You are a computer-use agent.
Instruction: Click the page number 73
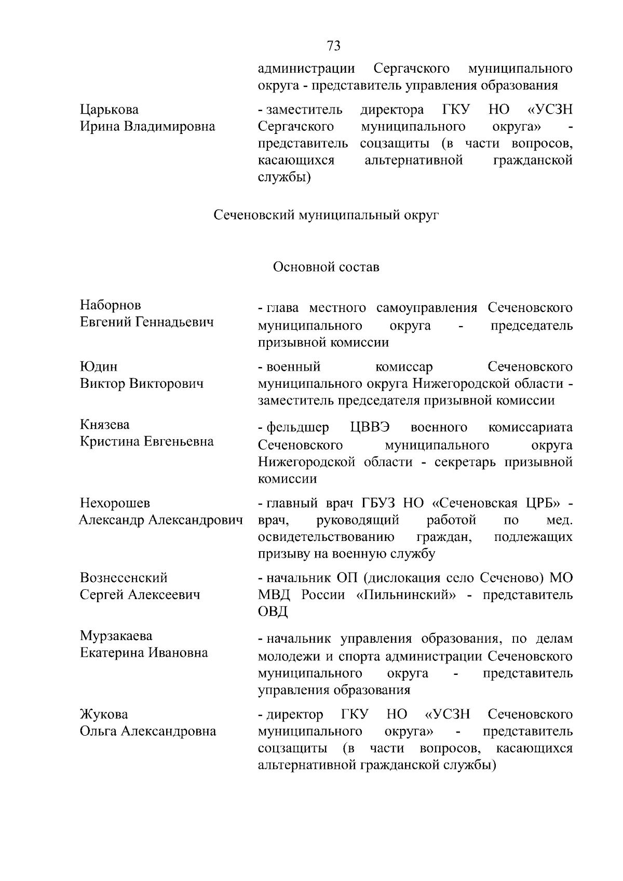[334, 46]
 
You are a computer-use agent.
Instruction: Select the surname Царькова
[110, 110]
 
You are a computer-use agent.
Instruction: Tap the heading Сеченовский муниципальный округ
[327, 214]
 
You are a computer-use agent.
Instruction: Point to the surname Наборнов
[111, 305]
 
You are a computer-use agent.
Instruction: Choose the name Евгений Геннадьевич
[147, 322]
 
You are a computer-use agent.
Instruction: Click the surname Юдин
[99, 367]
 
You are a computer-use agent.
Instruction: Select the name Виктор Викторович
[142, 384]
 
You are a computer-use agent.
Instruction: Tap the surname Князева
[105, 425]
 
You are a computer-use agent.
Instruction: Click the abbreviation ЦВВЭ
[370, 427]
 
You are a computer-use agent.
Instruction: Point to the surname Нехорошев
[115, 503]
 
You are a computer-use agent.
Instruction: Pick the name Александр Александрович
[161, 520]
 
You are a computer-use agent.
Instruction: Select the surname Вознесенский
[124, 578]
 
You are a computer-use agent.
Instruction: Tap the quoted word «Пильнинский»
[407, 595]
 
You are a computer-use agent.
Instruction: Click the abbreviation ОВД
[273, 612]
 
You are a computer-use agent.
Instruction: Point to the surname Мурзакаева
[116, 636]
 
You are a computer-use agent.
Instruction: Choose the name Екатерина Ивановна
[144, 653]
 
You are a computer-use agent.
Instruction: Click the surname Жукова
[104, 714]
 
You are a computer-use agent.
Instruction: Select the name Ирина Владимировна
[147, 126]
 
